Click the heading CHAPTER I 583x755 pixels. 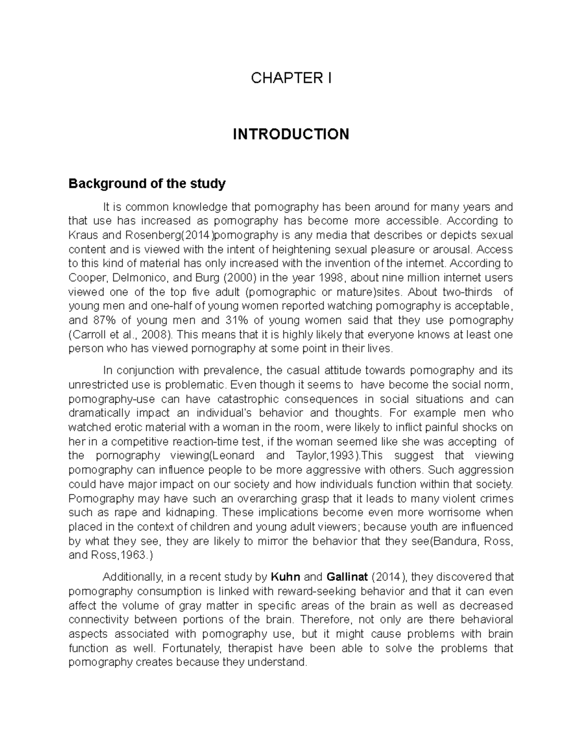click(x=291, y=78)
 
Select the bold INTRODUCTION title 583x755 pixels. click(x=291, y=134)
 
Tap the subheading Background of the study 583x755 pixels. click(x=147, y=184)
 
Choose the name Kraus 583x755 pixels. click(x=80, y=235)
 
